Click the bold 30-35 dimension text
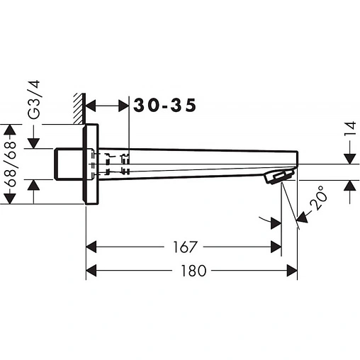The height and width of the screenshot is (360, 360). [164, 105]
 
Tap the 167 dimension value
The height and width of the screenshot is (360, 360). [184, 247]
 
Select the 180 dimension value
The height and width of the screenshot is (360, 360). [193, 271]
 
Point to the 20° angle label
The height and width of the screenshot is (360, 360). [318, 198]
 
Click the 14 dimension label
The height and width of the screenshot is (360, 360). [351, 129]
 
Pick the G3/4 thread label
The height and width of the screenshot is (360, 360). [33, 100]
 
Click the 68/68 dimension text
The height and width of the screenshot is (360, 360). [10, 164]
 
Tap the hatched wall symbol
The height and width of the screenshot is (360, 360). [79, 108]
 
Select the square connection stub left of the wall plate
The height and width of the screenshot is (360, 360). [69, 164]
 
